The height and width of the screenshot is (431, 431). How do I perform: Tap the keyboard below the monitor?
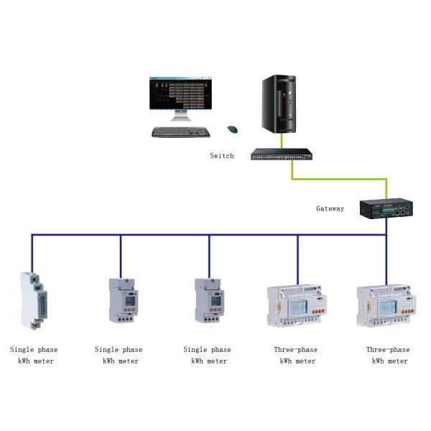pos(182,132)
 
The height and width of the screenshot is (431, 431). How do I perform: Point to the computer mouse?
pos(232,129)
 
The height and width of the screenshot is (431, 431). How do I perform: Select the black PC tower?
pos(278,104)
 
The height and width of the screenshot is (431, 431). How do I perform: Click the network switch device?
pos(282,154)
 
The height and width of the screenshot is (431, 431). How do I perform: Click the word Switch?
pos(222,156)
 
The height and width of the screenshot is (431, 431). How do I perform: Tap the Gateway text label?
pos(330,209)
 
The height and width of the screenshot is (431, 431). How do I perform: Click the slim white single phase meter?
pos(32,302)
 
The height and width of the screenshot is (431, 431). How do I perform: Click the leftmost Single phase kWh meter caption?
pos(34,355)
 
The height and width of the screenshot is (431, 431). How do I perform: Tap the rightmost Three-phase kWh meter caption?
pos(388,355)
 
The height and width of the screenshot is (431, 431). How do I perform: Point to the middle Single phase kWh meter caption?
pos(119,355)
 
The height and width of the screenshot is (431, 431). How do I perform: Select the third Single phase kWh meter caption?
pos(208,355)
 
